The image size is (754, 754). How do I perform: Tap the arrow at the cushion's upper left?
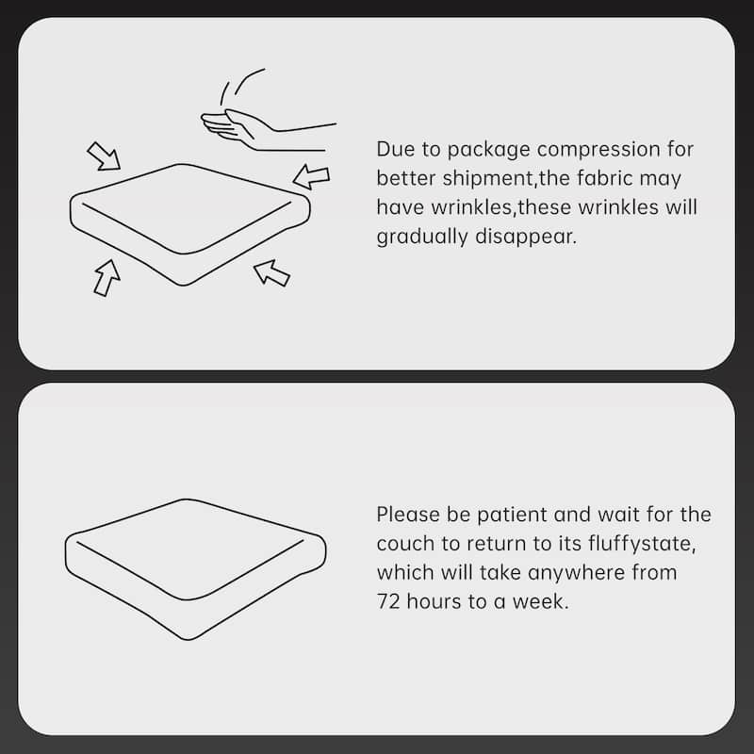[104, 156]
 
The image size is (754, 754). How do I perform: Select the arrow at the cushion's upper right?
[311, 176]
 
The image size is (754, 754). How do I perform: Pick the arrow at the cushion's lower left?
[107, 278]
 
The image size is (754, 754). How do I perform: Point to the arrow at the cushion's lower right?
[271, 272]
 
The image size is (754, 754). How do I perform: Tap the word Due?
[394, 149]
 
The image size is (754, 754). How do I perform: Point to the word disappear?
[525, 238]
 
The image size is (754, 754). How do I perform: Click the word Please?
[408, 515]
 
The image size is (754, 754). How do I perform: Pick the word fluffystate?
[642, 545]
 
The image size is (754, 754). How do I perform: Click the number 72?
[388, 601]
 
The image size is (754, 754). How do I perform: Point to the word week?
[539, 601]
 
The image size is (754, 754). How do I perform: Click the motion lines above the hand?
[241, 87]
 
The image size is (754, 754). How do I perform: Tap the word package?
[488, 151]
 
